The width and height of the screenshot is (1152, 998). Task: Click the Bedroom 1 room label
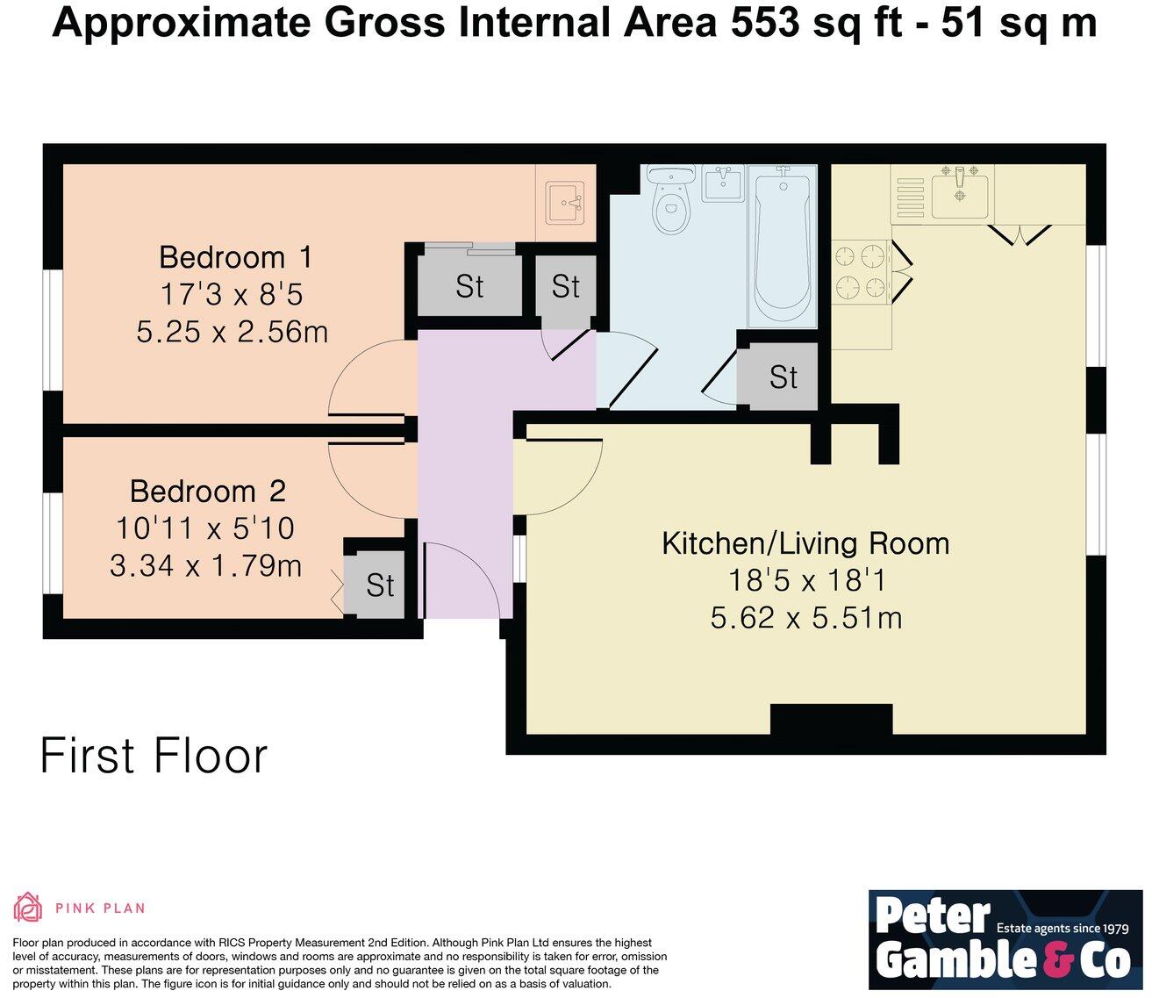coord(236,257)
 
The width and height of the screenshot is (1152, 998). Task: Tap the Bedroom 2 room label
coord(208,492)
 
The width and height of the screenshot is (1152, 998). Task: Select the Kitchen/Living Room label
coord(805,543)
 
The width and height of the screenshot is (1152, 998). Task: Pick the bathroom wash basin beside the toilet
coord(723,183)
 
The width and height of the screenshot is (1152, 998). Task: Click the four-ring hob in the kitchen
coord(861,271)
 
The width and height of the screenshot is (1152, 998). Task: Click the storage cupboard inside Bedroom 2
coord(375,584)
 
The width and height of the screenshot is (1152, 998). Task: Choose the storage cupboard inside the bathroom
coord(777,377)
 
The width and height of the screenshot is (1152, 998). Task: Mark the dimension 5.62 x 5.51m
coord(806,618)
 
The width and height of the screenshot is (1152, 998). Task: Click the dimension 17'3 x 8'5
coord(232,294)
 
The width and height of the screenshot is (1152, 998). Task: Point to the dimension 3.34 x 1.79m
coord(205,566)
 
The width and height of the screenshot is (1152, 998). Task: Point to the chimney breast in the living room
coord(831,719)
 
